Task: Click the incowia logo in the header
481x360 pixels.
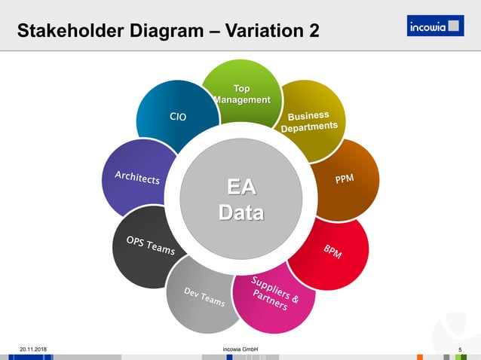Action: click(436, 27)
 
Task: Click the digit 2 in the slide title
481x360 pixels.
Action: click(313, 32)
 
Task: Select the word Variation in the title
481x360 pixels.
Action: click(260, 32)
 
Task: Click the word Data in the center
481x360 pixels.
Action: click(241, 212)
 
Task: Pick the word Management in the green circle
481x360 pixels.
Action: click(241, 100)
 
